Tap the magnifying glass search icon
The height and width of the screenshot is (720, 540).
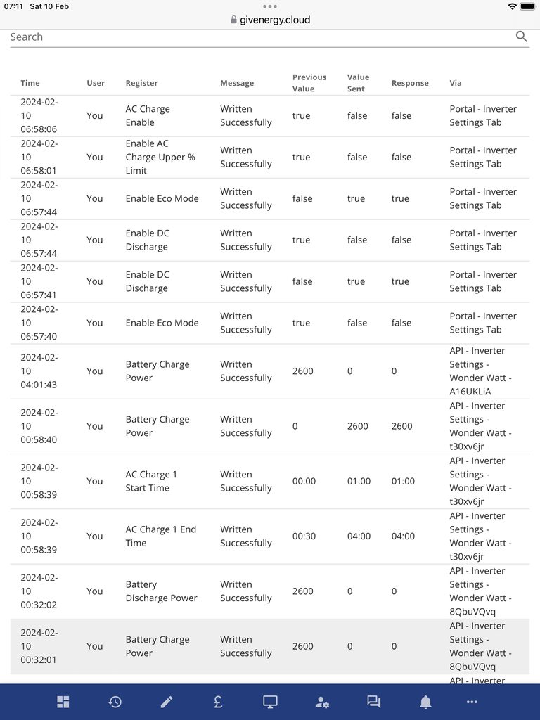(521, 37)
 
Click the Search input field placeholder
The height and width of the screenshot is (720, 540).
(27, 37)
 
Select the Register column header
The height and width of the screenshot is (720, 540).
(141, 83)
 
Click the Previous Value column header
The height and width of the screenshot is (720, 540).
(309, 83)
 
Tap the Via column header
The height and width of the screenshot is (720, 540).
(456, 83)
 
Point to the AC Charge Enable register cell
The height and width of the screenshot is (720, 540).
(148, 115)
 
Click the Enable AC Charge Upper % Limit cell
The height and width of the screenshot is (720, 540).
(160, 157)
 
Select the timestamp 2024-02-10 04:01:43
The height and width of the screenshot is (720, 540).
(39, 371)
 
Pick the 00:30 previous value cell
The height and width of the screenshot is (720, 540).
(304, 536)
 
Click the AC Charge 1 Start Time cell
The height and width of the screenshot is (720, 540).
(151, 481)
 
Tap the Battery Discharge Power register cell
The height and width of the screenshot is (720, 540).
(161, 591)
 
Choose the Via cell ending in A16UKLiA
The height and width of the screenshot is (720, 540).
(481, 371)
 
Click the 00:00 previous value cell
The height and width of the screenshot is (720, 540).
(304, 481)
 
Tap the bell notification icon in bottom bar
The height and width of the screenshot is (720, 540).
(425, 702)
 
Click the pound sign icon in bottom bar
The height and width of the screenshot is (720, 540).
(219, 702)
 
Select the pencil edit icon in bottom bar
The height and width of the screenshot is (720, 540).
(167, 702)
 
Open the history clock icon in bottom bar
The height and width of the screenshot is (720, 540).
(115, 702)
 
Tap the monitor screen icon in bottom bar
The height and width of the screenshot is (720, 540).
(270, 702)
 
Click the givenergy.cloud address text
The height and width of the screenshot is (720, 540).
(276, 20)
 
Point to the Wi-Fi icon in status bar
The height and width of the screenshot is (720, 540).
(513, 6)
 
